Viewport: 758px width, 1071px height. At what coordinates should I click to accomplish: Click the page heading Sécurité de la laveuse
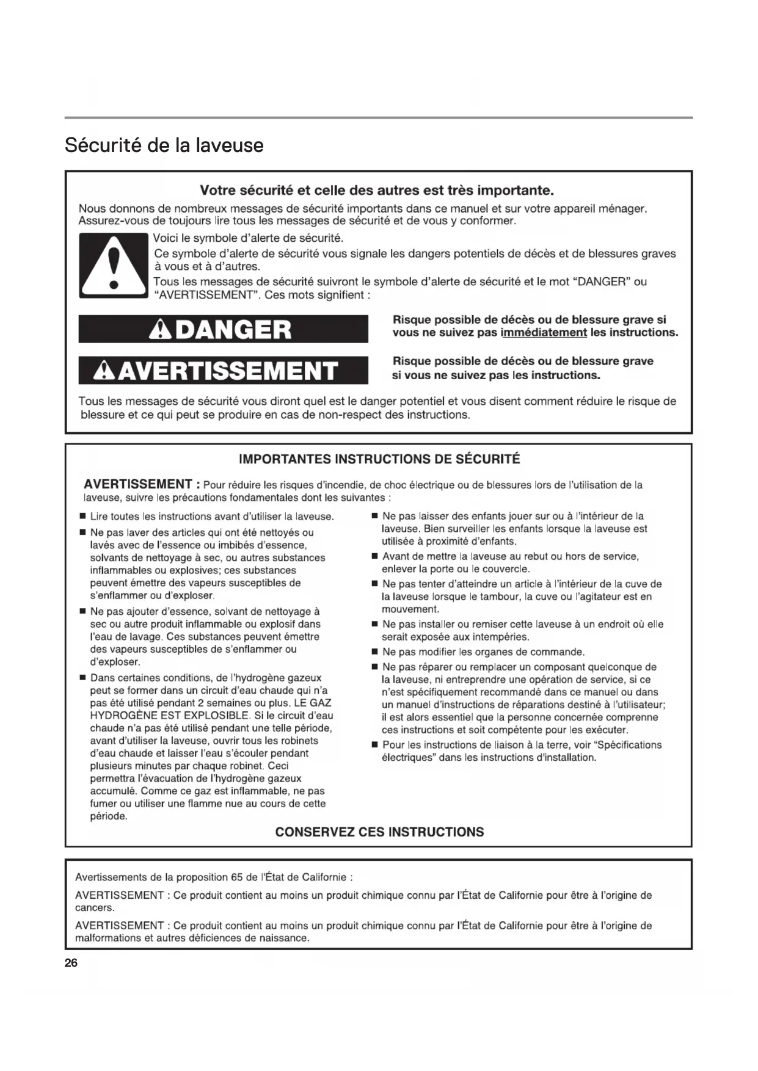tap(164, 145)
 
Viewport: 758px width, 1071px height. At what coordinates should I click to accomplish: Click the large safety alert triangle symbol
tap(113, 266)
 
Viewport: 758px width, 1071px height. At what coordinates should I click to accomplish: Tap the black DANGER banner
tap(223, 329)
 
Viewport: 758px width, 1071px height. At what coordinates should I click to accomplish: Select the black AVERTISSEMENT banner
tap(223, 370)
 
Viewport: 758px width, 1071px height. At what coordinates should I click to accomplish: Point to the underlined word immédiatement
tap(544, 333)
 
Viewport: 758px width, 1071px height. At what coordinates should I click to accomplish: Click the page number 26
tap(71, 964)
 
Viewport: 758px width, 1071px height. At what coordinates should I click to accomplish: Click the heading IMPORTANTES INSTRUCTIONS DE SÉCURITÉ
tap(379, 459)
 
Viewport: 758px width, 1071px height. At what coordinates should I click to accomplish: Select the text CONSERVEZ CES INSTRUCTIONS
tap(379, 832)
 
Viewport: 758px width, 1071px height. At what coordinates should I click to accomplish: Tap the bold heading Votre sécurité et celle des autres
tap(377, 191)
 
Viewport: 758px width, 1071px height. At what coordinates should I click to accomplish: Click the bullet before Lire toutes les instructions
tap(82, 517)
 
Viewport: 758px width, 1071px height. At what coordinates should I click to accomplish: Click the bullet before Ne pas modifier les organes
tap(374, 653)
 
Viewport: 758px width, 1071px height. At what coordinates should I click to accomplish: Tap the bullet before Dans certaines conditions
tap(82, 678)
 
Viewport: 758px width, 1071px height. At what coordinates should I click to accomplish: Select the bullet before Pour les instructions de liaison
tap(374, 746)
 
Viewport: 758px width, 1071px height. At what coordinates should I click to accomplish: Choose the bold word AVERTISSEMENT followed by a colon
tap(138, 485)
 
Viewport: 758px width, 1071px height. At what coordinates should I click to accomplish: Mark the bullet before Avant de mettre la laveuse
tap(374, 557)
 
